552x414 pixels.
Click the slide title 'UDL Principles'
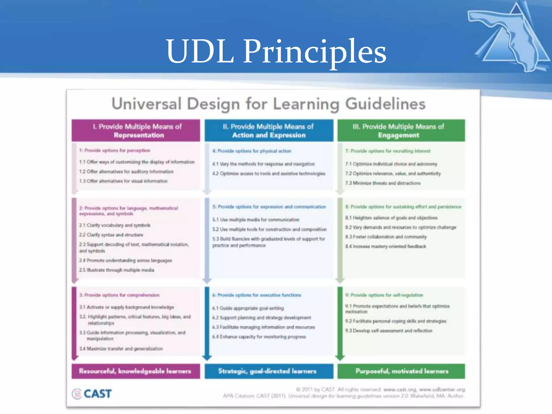tap(276, 51)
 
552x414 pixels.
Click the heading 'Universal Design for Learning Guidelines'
tap(268, 104)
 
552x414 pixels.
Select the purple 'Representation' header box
tap(136, 131)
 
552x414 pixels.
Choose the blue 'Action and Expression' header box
tap(269, 131)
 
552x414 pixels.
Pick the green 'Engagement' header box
tap(401, 131)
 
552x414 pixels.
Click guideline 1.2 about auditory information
tap(126, 172)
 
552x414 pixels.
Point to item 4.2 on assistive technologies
tap(269, 174)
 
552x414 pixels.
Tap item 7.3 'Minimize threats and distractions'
tap(383, 183)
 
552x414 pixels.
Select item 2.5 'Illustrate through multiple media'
tap(116, 270)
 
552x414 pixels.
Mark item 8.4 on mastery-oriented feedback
tap(385, 246)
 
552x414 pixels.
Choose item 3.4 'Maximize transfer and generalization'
tap(121, 349)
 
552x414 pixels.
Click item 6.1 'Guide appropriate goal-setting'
tap(248, 308)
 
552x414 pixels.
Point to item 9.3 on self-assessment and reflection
tap(389, 331)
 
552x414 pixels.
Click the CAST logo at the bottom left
tap(92, 394)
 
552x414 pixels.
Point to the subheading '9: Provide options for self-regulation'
tap(384, 295)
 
